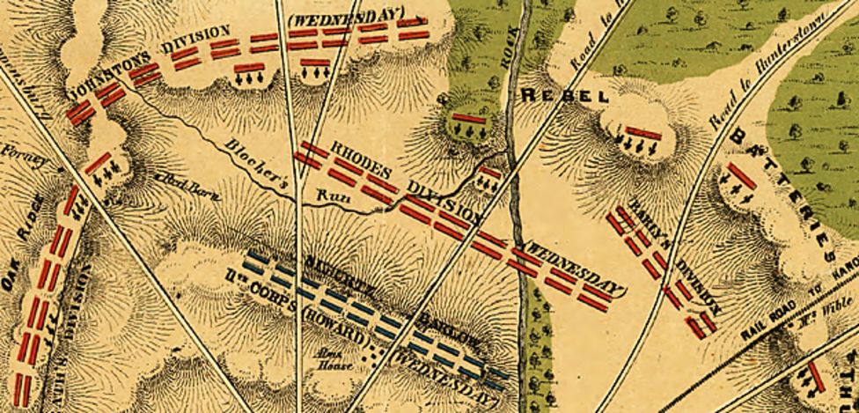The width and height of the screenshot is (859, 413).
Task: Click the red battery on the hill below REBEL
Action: pos(643,134)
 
